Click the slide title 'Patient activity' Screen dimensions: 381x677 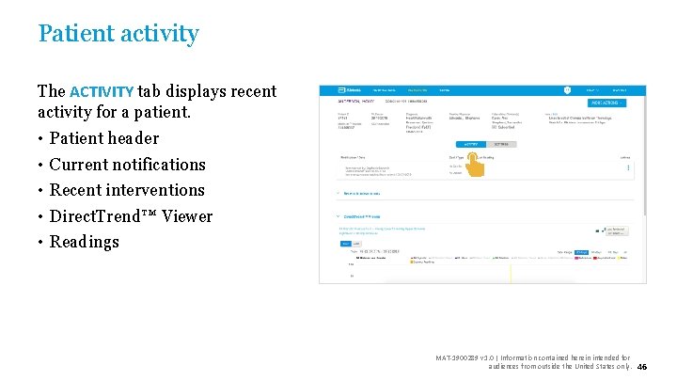118,34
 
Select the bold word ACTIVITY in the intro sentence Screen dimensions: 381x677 102,92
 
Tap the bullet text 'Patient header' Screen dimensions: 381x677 103,138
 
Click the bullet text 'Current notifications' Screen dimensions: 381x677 127,165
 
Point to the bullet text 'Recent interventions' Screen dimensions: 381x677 126,190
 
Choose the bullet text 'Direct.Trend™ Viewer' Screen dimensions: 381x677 131,216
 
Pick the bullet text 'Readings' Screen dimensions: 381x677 84,242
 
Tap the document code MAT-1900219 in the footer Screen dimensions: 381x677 458,357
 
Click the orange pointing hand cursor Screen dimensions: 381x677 476,165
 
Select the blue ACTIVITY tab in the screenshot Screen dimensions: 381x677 470,145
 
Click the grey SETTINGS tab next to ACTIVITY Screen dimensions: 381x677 501,145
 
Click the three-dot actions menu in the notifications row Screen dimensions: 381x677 629,167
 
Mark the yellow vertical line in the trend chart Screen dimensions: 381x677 510,272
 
